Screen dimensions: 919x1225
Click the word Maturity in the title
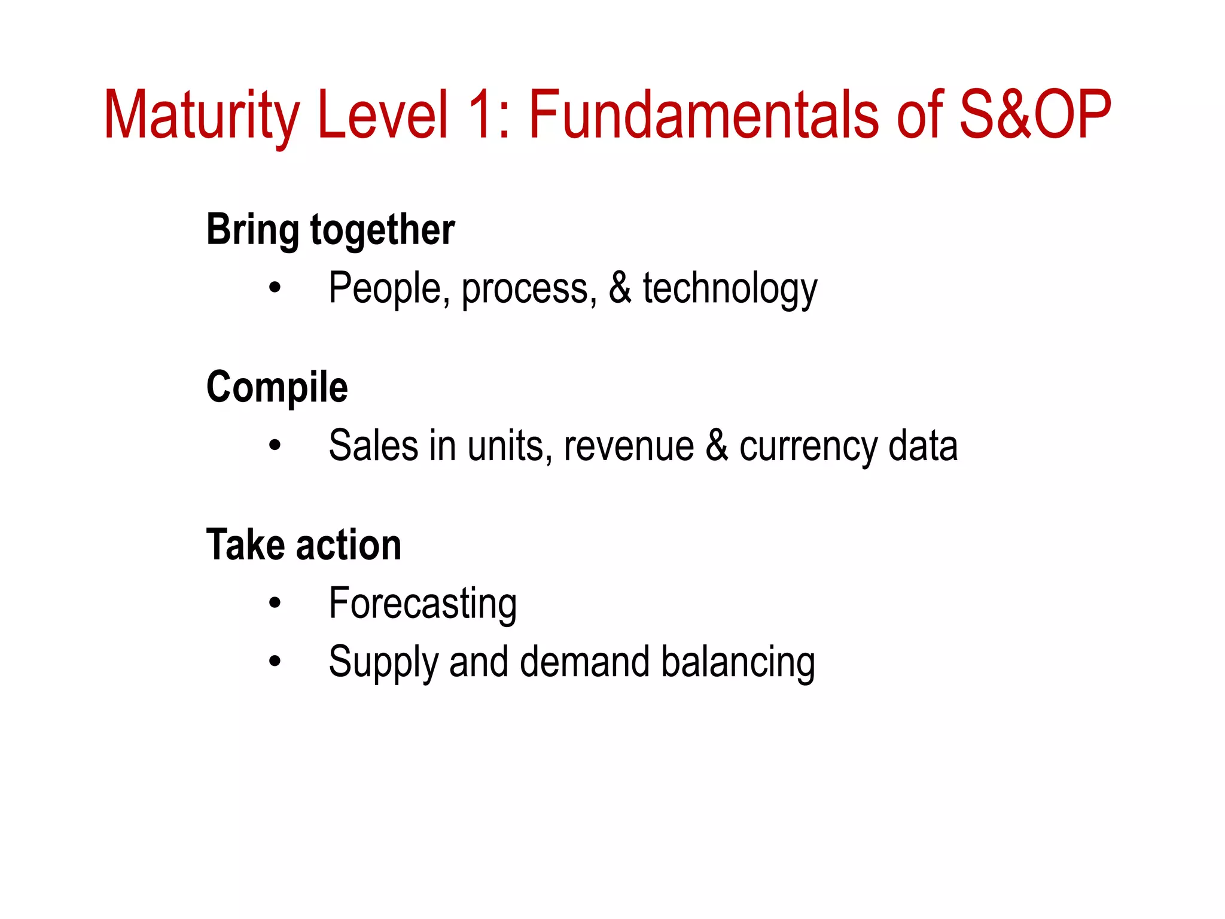coord(201,115)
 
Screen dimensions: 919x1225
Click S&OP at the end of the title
coord(1034,115)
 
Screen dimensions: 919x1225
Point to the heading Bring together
coord(330,230)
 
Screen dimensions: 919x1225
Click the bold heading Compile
coord(277,387)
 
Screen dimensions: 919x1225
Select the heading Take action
coord(304,545)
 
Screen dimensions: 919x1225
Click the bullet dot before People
coord(275,288)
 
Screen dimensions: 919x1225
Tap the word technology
coord(730,288)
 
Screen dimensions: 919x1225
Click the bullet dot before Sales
coord(275,446)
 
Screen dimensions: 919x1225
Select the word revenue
coord(629,447)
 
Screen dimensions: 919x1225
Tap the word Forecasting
coord(423,604)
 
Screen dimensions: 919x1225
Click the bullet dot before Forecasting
coord(275,603)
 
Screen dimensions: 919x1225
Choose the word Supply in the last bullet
coord(383,663)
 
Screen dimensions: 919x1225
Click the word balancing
coord(738,663)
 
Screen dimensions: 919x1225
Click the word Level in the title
coord(383,115)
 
